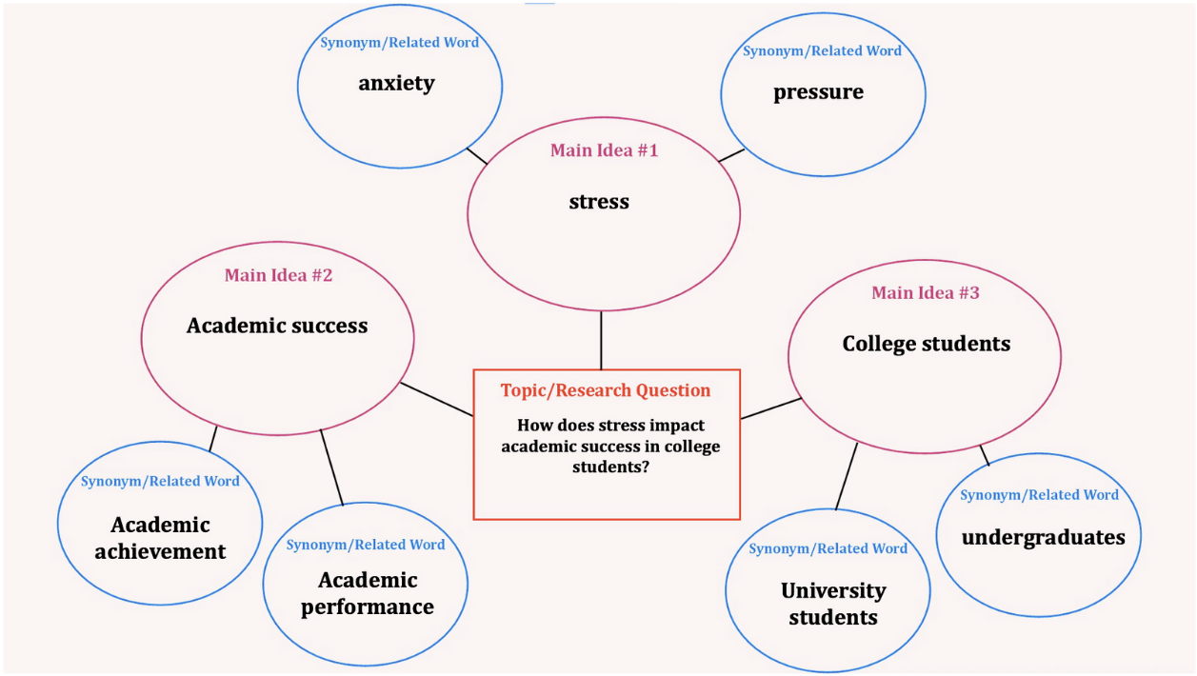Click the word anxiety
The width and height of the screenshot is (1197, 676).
tap(396, 84)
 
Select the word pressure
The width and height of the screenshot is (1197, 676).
tap(818, 92)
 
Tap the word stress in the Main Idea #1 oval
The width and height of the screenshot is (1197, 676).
tap(599, 202)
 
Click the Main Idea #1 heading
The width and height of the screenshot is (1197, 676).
tap(604, 150)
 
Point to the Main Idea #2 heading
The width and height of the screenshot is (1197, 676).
tap(278, 275)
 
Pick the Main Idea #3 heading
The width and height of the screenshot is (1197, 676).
tap(925, 293)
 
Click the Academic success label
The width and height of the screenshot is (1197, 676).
tap(277, 326)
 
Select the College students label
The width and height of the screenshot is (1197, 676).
tap(926, 344)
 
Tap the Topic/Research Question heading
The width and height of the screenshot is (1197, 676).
tap(606, 390)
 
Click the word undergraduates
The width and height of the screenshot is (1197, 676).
tap(1043, 538)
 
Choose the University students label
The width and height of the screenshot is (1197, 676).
tap(833, 604)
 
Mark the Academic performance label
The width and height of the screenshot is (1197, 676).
tap(368, 593)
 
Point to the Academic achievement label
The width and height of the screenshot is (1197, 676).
tap(160, 538)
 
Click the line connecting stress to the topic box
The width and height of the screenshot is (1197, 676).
tap(601, 340)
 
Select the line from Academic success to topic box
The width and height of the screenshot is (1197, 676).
tap(436, 399)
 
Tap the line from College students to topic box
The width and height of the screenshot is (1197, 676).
tap(771, 408)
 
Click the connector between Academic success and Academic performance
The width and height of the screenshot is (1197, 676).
tap(331, 467)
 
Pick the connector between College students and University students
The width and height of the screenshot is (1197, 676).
tap(847, 475)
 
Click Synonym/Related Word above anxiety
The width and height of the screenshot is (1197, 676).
tap(399, 43)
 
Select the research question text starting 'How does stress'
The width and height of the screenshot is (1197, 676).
tap(610, 446)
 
